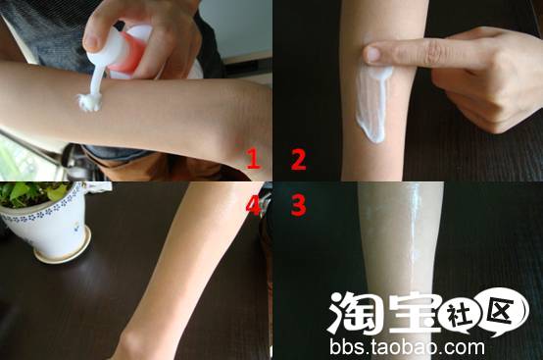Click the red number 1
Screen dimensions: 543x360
(254, 159)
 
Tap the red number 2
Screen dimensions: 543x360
(299, 159)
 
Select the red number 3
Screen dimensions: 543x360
(298, 205)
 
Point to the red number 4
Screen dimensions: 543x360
(253, 205)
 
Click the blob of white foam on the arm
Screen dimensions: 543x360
(89, 102)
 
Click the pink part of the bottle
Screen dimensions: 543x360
(129, 52)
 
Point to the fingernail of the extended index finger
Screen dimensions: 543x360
(370, 54)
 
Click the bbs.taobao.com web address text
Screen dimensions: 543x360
(407, 347)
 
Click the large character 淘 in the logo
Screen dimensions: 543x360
(356, 312)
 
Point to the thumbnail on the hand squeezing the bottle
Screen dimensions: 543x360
(91, 40)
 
